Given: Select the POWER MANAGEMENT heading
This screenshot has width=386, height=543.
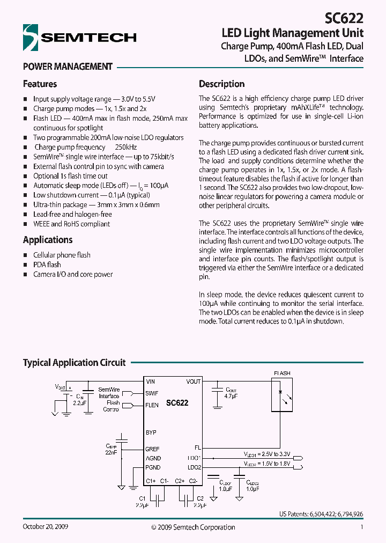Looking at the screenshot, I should coord(68,67).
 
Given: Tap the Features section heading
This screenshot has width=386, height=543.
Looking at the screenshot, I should coord(40,84).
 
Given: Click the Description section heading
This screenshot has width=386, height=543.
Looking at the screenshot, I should coord(221,84).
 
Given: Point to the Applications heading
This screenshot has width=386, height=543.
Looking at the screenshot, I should coord(48,240).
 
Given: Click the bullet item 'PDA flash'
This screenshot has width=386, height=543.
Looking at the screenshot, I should coord(47,265).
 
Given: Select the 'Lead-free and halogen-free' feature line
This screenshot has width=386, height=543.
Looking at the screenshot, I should coord(72,214).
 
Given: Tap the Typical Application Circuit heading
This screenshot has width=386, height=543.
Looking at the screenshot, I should coord(74,363).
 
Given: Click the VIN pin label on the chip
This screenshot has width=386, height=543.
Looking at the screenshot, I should coord(151,381).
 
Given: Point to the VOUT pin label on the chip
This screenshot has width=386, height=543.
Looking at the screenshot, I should coord(193,381).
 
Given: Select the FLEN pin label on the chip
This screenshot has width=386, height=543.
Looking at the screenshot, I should coord(152,405).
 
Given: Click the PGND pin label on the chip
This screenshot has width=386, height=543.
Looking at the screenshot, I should coord(153,467).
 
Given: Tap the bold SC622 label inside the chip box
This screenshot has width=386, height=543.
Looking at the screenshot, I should coord(177,402).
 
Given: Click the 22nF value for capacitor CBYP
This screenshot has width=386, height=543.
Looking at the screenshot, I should coord(112,452).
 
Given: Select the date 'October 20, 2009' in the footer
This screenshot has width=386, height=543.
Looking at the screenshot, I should coord(46,527).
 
